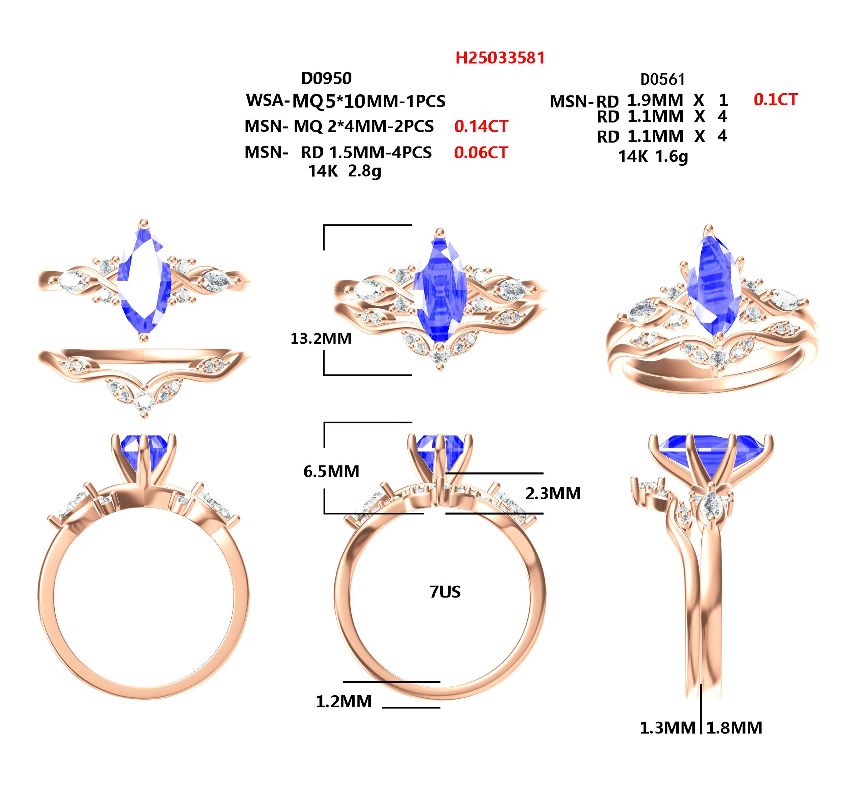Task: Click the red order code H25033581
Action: click(x=500, y=58)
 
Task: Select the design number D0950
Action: click(x=326, y=78)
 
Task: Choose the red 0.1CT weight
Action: click(x=775, y=100)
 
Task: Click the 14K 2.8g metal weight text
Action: click(x=345, y=171)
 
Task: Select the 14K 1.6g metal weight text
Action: click(x=653, y=157)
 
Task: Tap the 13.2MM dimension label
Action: click(x=321, y=339)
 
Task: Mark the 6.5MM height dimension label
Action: click(x=331, y=471)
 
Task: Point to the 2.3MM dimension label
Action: click(x=553, y=493)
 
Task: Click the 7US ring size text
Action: click(x=445, y=592)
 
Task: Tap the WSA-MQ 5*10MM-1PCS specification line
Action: click(x=346, y=101)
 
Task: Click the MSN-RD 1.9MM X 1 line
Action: click(x=639, y=101)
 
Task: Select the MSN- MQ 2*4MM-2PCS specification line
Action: click(x=339, y=126)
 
